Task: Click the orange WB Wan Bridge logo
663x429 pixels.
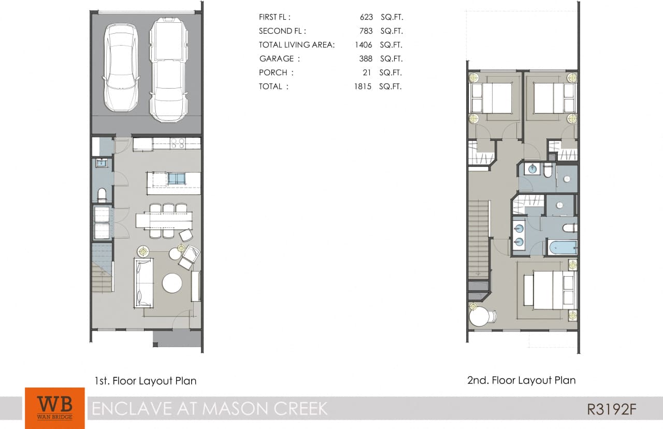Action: [x=54, y=408]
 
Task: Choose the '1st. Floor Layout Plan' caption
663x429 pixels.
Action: [x=146, y=381]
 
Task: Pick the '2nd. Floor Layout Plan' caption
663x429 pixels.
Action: [x=521, y=380]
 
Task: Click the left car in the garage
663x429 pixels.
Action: [x=121, y=67]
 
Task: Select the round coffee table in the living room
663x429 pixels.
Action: [x=172, y=283]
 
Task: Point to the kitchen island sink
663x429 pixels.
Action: [x=177, y=179]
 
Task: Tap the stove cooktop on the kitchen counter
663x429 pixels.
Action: [x=178, y=144]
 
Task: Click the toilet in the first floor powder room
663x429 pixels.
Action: [x=102, y=194]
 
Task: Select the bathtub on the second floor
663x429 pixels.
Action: [x=560, y=248]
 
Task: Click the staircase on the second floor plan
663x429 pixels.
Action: [x=479, y=238]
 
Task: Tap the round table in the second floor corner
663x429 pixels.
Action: [x=480, y=316]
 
